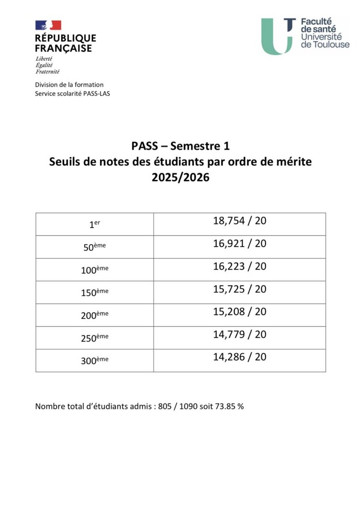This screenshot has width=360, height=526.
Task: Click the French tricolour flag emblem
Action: [x=48, y=25]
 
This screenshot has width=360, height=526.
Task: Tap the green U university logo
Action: [x=277, y=37]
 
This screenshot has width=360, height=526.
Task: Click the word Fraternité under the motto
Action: [x=48, y=72]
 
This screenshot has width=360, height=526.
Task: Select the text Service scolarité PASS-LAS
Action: [x=72, y=93]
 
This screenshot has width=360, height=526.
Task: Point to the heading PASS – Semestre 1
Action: [x=180, y=146]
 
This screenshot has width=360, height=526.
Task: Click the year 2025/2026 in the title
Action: [x=180, y=177]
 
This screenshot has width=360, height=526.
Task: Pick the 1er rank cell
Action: [x=94, y=224]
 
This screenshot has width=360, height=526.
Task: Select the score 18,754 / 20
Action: [x=240, y=221]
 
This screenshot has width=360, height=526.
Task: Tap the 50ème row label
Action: [x=94, y=247]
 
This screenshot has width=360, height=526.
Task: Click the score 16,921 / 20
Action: [x=240, y=244]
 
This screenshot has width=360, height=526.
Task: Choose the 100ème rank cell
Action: [x=94, y=270]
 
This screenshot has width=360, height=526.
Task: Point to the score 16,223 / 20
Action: [x=240, y=267]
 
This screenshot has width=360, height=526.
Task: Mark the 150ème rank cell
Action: [x=94, y=293]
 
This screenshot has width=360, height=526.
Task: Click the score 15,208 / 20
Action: [x=240, y=312]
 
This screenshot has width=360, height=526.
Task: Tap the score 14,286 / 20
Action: [x=240, y=357]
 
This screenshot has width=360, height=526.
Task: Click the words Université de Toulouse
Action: [x=325, y=40]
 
